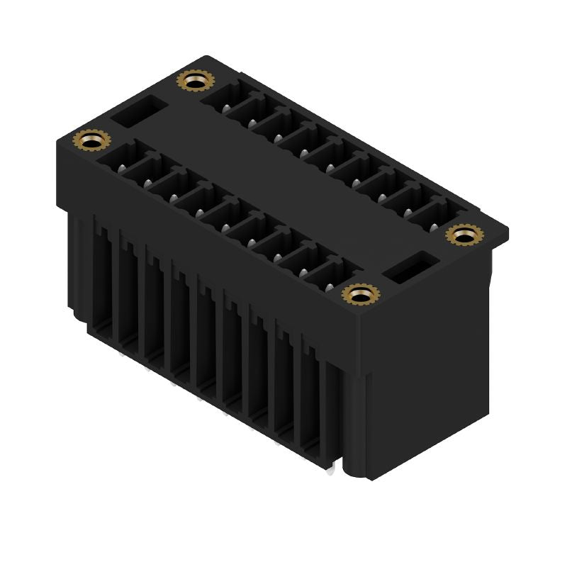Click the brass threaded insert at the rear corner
click(x=192, y=81)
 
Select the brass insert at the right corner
click(x=464, y=235)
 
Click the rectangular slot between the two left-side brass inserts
click(x=140, y=112)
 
